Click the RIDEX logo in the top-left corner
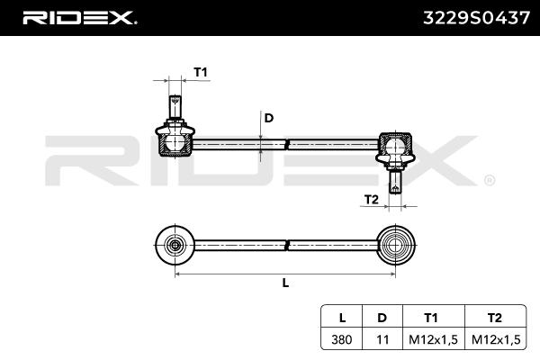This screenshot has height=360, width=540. click(79, 17)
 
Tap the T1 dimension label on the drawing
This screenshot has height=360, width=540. click(201, 72)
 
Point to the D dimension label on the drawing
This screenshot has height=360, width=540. click(268, 118)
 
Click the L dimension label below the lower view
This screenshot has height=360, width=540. click(285, 283)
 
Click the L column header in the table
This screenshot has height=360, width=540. click(342, 318)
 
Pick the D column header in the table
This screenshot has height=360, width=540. click(382, 318)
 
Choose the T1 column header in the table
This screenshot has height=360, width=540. click(431, 318)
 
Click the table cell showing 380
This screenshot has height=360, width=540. click(342, 339)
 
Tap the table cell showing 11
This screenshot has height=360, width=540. click(382, 339)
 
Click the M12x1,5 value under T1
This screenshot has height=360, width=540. click(431, 339)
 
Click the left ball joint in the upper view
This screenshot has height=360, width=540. click(175, 140)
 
